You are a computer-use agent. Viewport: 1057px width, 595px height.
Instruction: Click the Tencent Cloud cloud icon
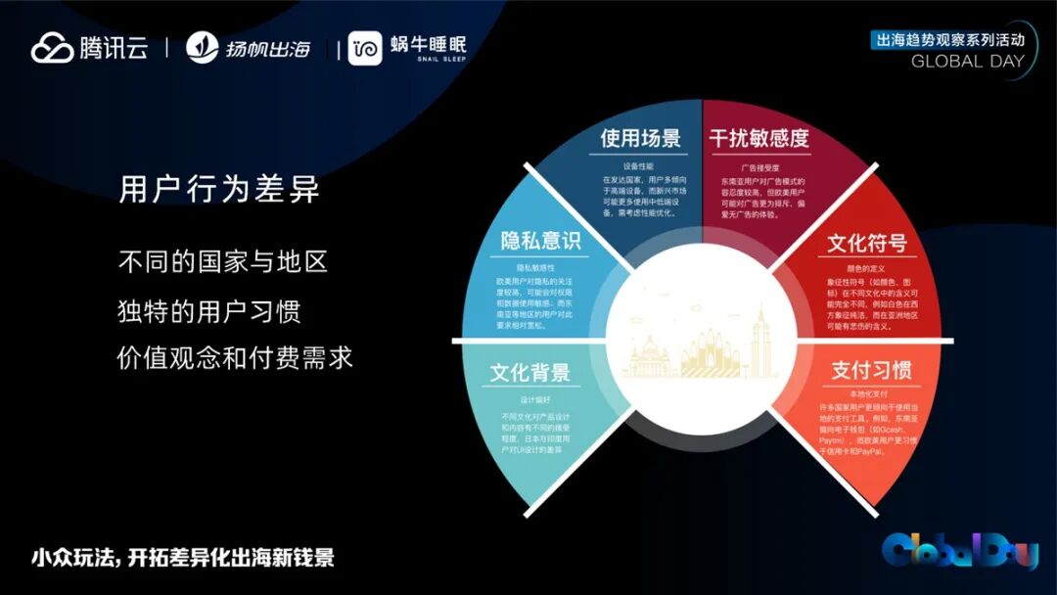click(x=52, y=48)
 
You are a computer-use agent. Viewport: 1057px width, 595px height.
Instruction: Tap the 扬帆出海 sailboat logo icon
click(x=203, y=48)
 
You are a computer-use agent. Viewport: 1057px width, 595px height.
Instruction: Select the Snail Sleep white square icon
click(x=365, y=48)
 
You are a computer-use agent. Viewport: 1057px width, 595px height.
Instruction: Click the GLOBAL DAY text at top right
click(x=967, y=62)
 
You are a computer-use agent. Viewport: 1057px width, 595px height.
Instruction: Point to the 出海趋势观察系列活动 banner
click(x=948, y=40)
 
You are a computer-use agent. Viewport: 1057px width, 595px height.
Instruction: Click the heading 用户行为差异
click(x=219, y=189)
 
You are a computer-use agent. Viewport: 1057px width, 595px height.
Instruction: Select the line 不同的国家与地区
click(x=222, y=262)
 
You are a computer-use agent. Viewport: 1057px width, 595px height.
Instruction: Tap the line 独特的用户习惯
click(x=208, y=310)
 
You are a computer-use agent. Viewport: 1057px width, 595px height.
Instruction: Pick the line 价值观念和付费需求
click(x=235, y=358)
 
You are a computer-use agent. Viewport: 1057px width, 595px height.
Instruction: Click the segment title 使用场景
click(x=640, y=139)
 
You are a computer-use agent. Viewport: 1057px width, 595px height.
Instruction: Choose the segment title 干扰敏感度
click(x=759, y=139)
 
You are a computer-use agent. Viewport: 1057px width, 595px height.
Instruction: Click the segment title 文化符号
click(x=866, y=243)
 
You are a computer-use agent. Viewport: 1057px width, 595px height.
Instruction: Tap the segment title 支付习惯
click(x=871, y=371)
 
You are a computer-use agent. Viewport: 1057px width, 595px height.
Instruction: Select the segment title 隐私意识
click(x=541, y=242)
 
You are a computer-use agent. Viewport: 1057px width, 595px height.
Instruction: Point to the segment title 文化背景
click(x=529, y=373)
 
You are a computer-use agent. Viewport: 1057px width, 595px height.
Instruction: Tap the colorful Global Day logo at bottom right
click(x=958, y=552)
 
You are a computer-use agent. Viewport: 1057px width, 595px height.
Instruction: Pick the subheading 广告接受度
click(x=758, y=167)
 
